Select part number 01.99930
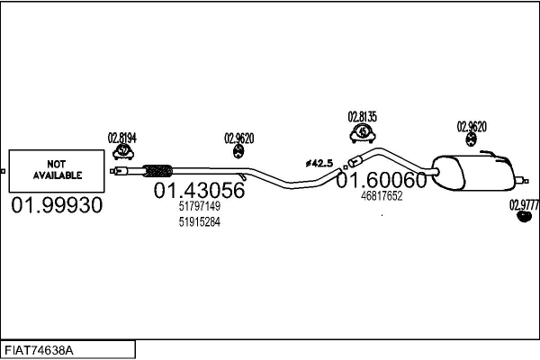pos(57,206)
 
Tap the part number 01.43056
pos(199,191)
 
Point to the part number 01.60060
pos(381,181)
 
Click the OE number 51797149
pos(199,206)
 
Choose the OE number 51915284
pos(199,222)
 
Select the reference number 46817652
pos(381,195)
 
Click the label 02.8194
pos(121,138)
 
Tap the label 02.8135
pos(362,116)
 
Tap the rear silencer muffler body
pos(472,170)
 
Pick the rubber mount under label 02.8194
pos(122,152)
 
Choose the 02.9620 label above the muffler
pos(472,126)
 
